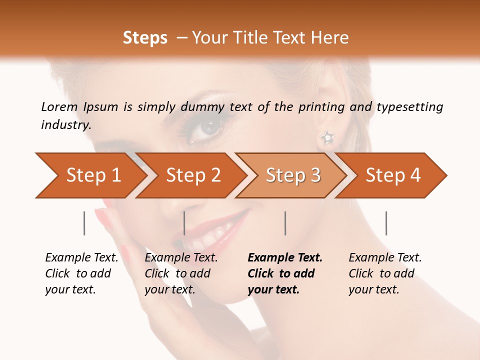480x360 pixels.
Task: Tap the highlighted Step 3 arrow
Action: (x=292, y=175)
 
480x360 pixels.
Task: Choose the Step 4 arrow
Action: (x=392, y=175)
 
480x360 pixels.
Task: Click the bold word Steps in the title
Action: (x=145, y=38)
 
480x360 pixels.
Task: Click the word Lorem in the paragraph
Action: (x=59, y=106)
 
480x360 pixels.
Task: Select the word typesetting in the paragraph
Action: (x=409, y=107)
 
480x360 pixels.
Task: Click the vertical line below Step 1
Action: (x=84, y=223)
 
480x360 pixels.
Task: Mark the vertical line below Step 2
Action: (x=184, y=223)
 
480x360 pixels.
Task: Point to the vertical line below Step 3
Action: (x=285, y=223)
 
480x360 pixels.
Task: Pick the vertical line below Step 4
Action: (x=386, y=223)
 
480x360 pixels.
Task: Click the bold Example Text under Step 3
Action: (x=285, y=258)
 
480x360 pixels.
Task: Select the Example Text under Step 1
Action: (x=81, y=258)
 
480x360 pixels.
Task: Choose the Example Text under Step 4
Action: (x=385, y=258)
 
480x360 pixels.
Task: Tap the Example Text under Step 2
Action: (x=181, y=258)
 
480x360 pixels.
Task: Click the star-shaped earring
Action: (x=327, y=137)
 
